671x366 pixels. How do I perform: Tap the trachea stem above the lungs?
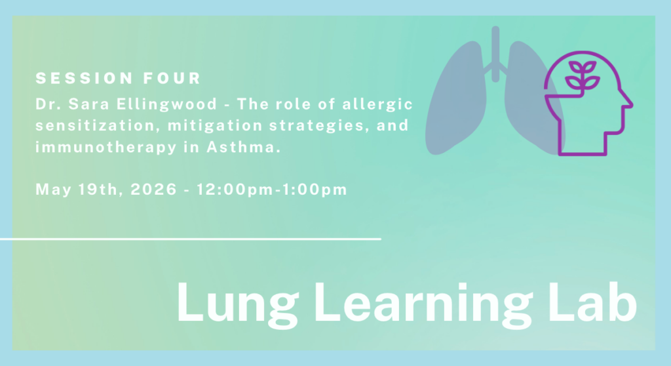pos(495,46)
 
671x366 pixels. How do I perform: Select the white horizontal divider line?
pos(190,239)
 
